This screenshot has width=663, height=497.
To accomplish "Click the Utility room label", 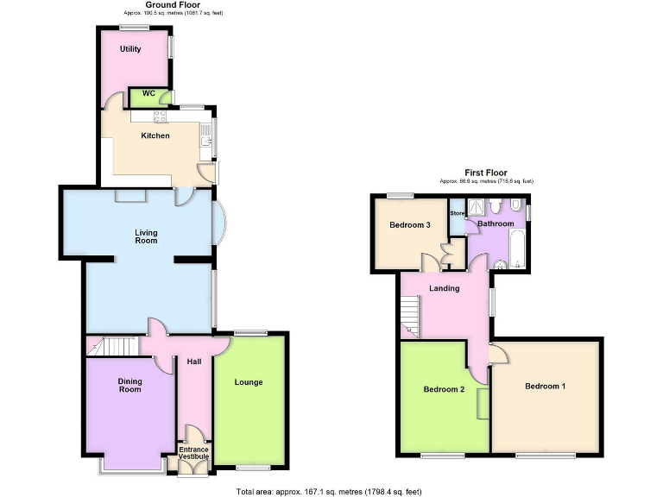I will (x=130, y=49).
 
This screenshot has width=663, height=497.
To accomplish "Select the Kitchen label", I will (x=155, y=135).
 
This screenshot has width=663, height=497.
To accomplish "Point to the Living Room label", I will (x=146, y=236).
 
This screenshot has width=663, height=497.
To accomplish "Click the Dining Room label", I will (x=129, y=385).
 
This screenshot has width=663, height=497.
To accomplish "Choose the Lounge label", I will (x=249, y=381).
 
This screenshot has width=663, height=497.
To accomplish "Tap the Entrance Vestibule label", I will (x=193, y=452).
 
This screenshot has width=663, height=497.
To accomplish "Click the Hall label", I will (x=193, y=362).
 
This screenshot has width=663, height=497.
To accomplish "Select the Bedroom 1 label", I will (x=546, y=386).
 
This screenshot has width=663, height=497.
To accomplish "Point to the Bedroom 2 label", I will (x=444, y=389).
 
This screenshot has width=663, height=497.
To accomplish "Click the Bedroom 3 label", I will (x=409, y=225).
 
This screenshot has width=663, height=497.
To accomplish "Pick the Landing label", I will (x=444, y=288).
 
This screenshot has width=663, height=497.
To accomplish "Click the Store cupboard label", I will (x=457, y=213).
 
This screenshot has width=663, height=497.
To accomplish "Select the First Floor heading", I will (x=485, y=173).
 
